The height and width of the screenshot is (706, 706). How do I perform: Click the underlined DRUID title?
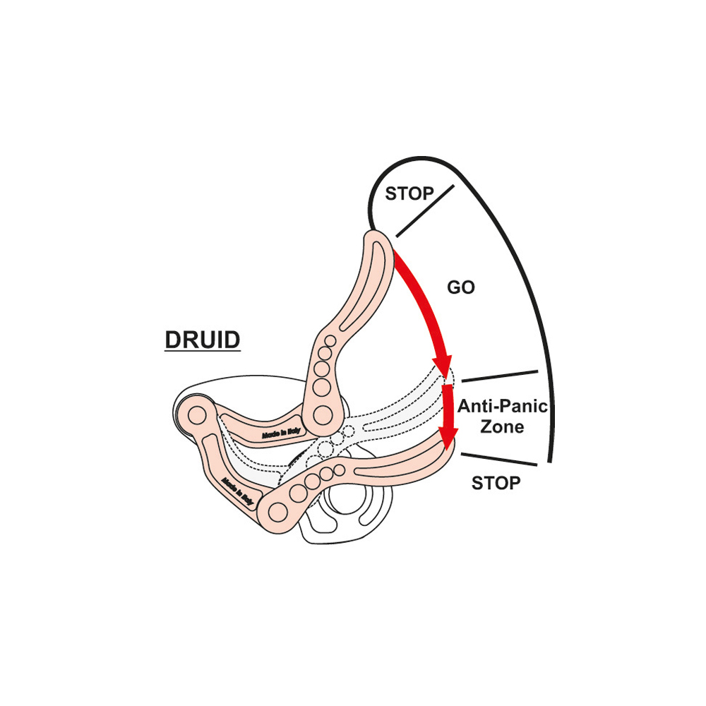tap(202, 340)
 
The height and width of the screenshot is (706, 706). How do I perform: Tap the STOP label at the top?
tap(409, 193)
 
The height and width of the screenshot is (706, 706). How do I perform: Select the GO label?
tap(461, 287)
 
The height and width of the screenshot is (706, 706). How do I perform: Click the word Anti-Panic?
tap(503, 406)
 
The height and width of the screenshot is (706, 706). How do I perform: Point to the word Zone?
tap(502, 426)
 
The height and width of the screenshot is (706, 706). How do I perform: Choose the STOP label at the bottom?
tap(496, 483)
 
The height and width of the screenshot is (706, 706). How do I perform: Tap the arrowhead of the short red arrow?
tap(448, 438)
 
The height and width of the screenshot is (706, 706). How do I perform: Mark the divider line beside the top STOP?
tap(425, 210)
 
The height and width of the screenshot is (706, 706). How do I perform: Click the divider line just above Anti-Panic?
tap(500, 376)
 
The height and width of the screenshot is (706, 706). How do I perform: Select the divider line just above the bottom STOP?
tap(499, 460)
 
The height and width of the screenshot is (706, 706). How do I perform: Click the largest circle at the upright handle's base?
tap(323, 415)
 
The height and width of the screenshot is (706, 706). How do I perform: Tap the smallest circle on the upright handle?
tap(330, 341)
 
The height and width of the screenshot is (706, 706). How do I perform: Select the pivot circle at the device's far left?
tap(197, 415)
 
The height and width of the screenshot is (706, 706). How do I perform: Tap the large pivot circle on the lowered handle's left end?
tap(277, 512)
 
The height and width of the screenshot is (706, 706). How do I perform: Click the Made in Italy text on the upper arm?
tap(281, 433)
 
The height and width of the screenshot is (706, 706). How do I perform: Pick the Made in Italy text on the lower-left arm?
tap(238, 491)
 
